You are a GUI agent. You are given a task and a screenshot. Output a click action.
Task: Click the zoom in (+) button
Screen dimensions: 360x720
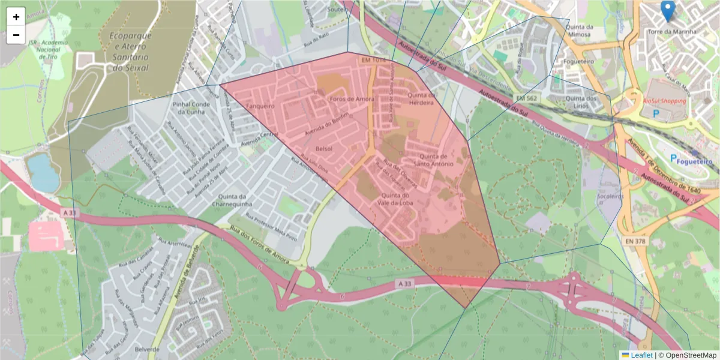16,17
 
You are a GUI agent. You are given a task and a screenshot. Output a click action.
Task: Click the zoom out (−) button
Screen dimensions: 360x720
16,35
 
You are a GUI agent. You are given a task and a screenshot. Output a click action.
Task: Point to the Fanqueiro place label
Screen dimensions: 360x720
260,106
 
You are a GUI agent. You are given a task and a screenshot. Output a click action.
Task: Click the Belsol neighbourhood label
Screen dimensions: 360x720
323,148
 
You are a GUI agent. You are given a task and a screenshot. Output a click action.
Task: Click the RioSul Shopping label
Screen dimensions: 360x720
664,101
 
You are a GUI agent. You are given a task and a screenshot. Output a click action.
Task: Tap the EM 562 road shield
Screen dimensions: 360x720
527,98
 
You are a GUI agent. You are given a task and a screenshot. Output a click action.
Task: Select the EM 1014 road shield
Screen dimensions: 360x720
373,61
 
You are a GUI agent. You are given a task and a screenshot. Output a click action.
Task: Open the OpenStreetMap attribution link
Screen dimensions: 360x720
687,355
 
